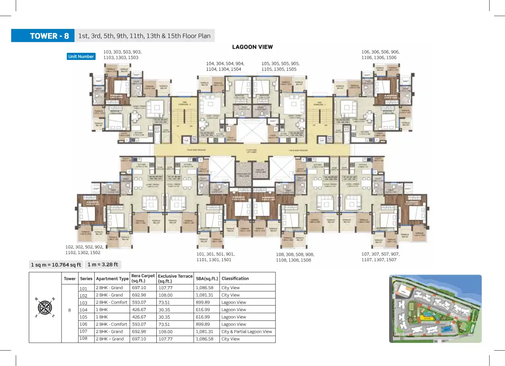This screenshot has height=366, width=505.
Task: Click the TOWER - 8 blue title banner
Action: [43, 36]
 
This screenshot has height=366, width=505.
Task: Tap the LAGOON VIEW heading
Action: [252, 47]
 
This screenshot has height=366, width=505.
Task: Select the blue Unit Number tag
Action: [81, 57]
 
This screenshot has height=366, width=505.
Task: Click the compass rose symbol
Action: [45, 308]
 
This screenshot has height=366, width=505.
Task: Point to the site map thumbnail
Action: [435, 309]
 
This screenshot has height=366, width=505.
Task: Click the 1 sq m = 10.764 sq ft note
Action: [56, 265]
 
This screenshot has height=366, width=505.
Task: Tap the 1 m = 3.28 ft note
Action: [103, 264]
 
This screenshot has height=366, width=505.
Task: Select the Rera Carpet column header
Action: [143, 278]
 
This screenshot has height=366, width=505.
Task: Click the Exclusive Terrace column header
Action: [175, 278]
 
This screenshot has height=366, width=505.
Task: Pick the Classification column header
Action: [235, 278]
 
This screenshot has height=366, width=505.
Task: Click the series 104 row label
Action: [83, 310]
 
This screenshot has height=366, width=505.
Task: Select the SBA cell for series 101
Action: [204, 288]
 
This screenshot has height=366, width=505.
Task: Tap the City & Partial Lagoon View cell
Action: [246, 332]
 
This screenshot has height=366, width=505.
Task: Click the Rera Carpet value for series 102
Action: [139, 295]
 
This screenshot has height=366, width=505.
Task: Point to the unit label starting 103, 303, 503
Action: [122, 55]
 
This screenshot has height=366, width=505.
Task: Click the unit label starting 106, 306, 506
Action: [380, 55]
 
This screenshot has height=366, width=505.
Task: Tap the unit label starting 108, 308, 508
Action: [295, 257]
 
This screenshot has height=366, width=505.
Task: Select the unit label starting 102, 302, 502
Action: [84, 250]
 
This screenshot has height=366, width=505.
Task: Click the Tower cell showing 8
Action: [69, 310]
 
